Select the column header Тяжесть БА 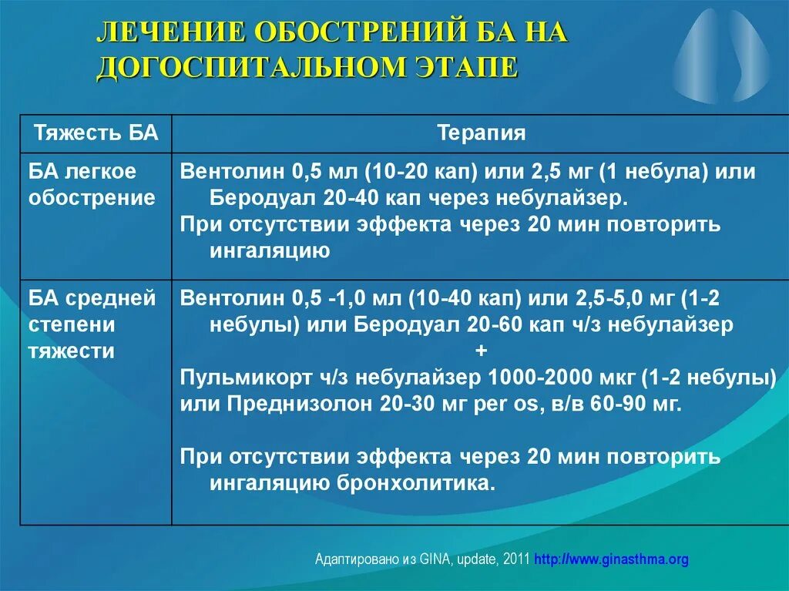[96, 133]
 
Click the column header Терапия [482, 133]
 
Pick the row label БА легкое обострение [92, 184]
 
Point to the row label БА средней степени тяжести [92, 324]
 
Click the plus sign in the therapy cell [482, 351]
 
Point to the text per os [505, 404]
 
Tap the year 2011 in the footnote [516, 559]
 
